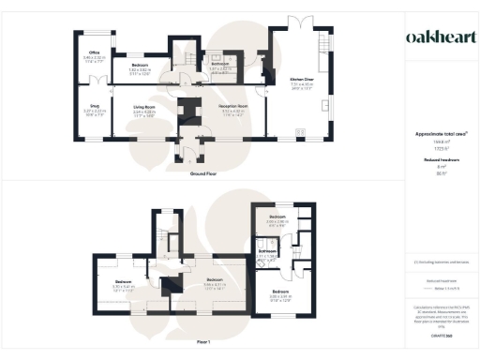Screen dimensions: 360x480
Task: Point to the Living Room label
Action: click(x=142, y=109)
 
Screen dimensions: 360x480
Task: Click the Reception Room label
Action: click(x=233, y=109)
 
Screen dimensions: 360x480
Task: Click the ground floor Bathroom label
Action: click(x=220, y=65)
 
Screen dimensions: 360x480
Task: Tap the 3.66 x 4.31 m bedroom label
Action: click(x=215, y=280)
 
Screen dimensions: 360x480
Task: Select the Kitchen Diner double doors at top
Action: click(x=299, y=20)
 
